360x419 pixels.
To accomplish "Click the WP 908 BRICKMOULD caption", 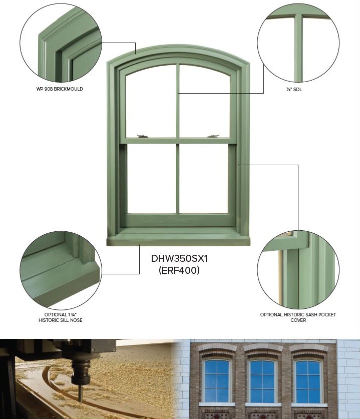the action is pyautogui.click(x=60, y=89).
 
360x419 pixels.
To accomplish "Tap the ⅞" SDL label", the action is pyautogui.click(x=294, y=90).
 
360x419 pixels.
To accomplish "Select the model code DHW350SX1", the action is pyautogui.click(x=179, y=259).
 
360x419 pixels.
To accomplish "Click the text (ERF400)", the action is pyautogui.click(x=179, y=270).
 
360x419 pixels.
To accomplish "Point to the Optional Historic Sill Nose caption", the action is pyautogui.click(x=61, y=317).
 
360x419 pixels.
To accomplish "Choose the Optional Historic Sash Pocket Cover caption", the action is pyautogui.click(x=298, y=317).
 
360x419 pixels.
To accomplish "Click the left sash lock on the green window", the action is pyautogui.click(x=142, y=136).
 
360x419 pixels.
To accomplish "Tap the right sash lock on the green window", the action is pyautogui.click(x=213, y=136).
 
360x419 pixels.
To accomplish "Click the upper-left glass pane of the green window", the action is pyautogui.click(x=151, y=103).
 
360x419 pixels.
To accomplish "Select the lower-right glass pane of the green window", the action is pyautogui.click(x=203, y=179).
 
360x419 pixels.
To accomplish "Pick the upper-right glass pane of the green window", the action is pyautogui.click(x=205, y=103).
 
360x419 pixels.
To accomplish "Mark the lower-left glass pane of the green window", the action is pyautogui.click(x=152, y=179).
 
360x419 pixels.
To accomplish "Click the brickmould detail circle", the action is pyautogui.click(x=61, y=43).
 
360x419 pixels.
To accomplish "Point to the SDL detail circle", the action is pyautogui.click(x=298, y=43).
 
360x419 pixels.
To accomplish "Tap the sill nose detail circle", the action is pyautogui.click(x=61, y=270).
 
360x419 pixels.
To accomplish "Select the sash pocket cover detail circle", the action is pyautogui.click(x=298, y=270).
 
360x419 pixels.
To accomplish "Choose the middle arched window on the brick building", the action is pyautogui.click(x=262, y=381).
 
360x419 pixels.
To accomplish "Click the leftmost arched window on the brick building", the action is pyautogui.click(x=217, y=381).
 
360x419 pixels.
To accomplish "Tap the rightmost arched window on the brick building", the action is pyautogui.click(x=308, y=381).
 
